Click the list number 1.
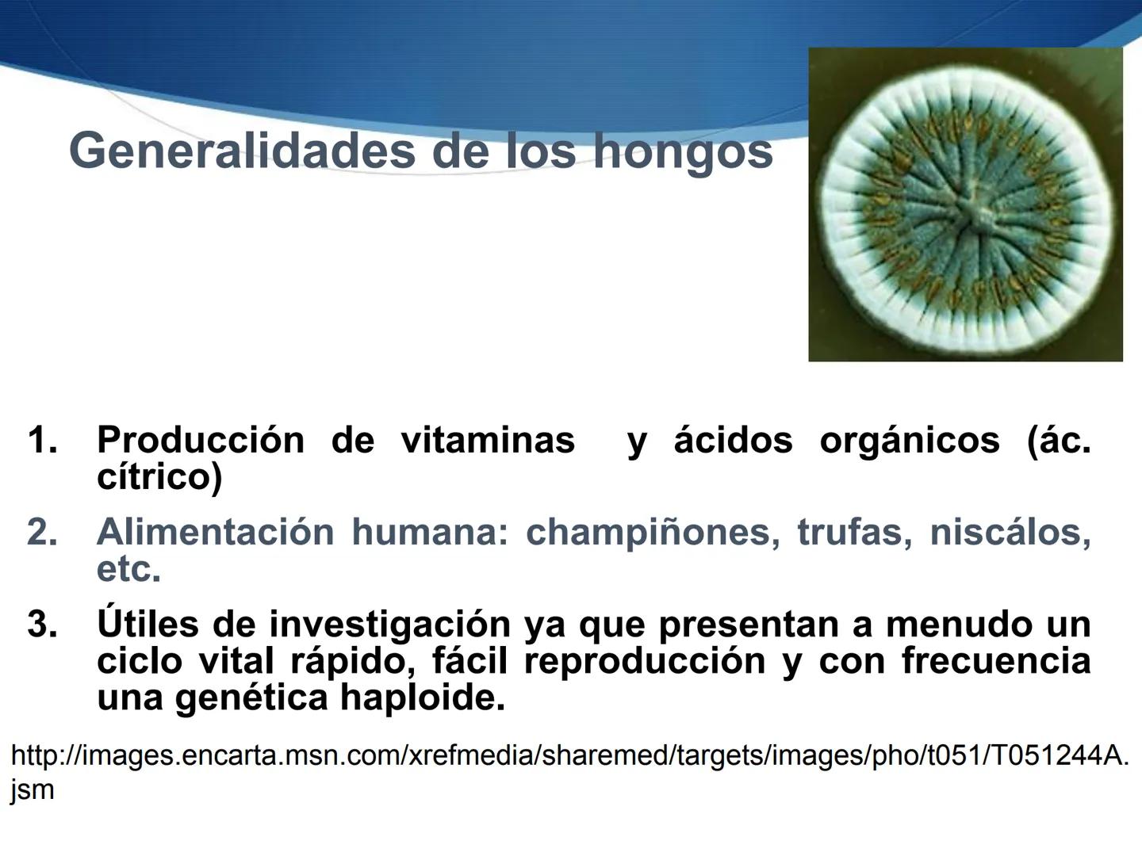click(x=42, y=440)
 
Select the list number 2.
click(x=42, y=532)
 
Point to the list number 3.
click(x=42, y=625)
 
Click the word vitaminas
click(x=488, y=440)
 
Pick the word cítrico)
click(x=159, y=476)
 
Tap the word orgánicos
click(x=909, y=440)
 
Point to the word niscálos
click(x=1010, y=532)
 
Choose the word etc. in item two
click(x=128, y=569)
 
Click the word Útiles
click(x=148, y=624)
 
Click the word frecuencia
click(x=995, y=661)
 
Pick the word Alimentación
click(x=215, y=532)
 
